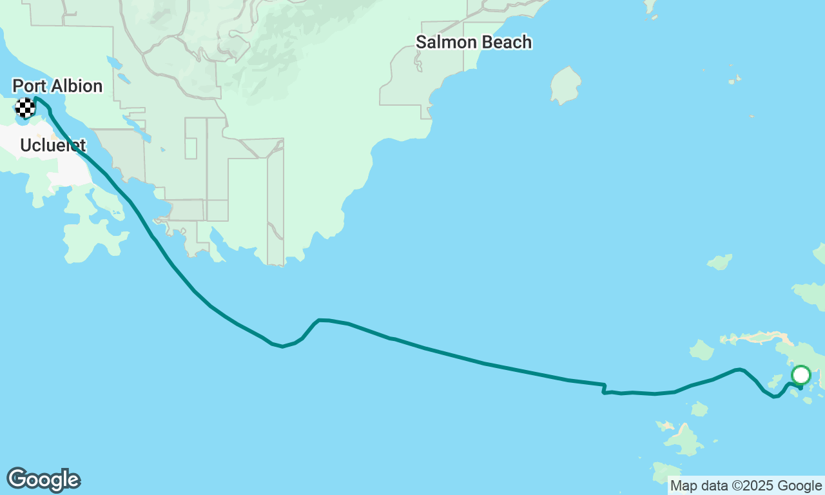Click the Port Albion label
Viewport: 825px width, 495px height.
[57, 86]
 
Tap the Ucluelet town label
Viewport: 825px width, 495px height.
[53, 145]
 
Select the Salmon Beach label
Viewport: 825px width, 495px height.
[474, 43]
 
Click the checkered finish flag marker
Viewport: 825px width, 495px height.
[25, 108]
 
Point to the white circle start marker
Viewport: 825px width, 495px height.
[801, 375]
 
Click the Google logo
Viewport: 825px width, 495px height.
[43, 480]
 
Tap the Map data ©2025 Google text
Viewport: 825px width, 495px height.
[746, 486]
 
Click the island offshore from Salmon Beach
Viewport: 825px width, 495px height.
[566, 85]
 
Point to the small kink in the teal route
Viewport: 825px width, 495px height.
[604, 387]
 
